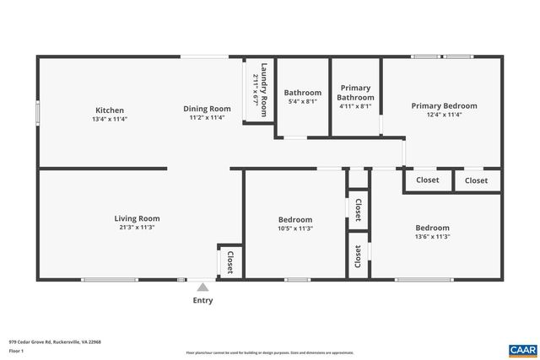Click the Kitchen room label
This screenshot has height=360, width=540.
tap(110, 110)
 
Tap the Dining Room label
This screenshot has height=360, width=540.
tap(208, 109)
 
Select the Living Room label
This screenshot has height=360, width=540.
tap(137, 218)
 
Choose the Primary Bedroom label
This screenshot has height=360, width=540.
tap(444, 106)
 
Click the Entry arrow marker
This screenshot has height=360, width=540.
tap(202, 287)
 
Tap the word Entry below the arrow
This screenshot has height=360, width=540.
tap(202, 300)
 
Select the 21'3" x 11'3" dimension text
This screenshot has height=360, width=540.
tap(137, 228)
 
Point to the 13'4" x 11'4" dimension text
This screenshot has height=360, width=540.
tap(110, 119)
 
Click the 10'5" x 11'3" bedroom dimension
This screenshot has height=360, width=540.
tap(295, 228)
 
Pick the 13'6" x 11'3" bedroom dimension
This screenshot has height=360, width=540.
tap(432, 237)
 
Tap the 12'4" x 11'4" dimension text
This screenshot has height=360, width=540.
tap(444, 115)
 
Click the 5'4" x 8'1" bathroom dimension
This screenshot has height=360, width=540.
tap(302, 102)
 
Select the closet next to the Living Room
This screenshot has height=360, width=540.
tap(229, 262)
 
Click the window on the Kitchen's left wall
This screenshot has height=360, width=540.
tap(37, 113)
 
